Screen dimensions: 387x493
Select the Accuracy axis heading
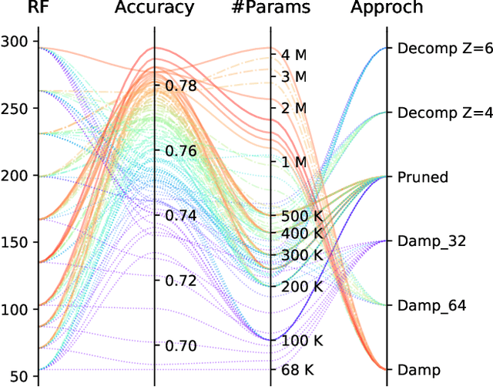(155, 8)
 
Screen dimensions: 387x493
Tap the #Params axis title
(270, 8)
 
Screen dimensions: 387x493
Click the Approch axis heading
(386, 8)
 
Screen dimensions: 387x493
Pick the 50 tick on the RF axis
(18, 376)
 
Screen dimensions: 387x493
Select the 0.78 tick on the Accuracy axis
(179, 86)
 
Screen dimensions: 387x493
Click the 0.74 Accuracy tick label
(179, 215)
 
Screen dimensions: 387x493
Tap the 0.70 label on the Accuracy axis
(179, 345)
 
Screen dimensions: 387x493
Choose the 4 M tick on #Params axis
(294, 55)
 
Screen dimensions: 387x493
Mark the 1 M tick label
(294, 162)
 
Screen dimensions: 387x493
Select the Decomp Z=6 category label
(444, 48)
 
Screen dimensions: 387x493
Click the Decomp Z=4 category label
(444, 113)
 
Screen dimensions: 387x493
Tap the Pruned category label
(422, 177)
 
